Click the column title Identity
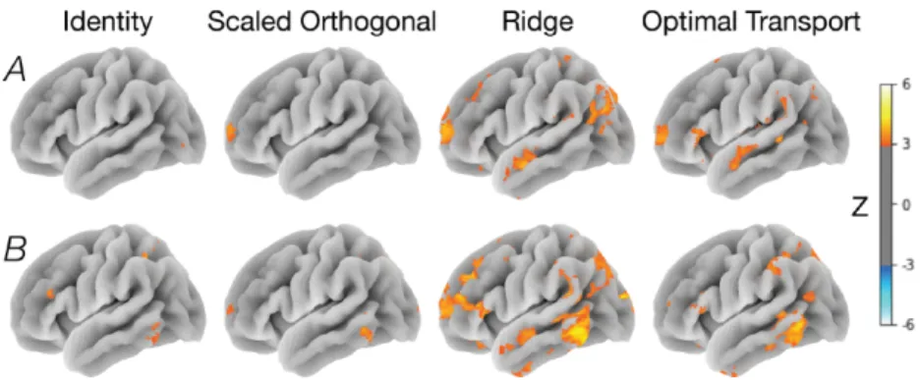tap(108, 23)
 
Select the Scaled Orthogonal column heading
tap(322, 23)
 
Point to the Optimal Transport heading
tap(750, 23)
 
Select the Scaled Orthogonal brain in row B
tap(323, 299)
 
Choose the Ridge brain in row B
tap(538, 299)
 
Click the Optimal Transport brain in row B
tap(752, 299)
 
